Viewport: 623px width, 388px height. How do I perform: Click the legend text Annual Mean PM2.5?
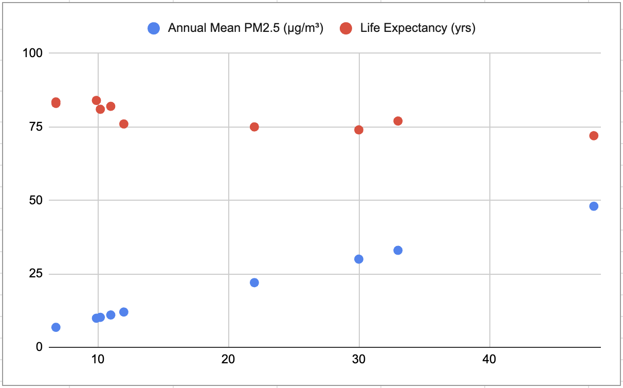[245, 29]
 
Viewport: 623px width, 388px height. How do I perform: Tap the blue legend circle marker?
[154, 29]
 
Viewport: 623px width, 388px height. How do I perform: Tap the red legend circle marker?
[346, 29]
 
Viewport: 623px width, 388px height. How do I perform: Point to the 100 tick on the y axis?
[32, 53]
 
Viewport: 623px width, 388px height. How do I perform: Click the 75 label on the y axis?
[35, 127]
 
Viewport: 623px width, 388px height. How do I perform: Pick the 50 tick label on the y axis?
[35, 200]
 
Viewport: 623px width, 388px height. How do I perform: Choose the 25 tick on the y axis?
[35, 274]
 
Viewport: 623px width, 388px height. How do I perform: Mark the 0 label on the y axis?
[38, 347]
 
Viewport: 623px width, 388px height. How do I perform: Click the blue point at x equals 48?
[594, 206]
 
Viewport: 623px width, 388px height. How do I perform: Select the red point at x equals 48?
[594, 136]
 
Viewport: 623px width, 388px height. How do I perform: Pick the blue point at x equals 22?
[254, 283]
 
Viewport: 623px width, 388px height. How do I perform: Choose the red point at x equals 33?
[398, 121]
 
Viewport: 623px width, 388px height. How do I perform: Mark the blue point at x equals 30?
[359, 259]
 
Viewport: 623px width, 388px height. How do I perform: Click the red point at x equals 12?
[124, 124]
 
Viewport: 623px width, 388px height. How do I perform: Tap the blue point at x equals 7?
[56, 327]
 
